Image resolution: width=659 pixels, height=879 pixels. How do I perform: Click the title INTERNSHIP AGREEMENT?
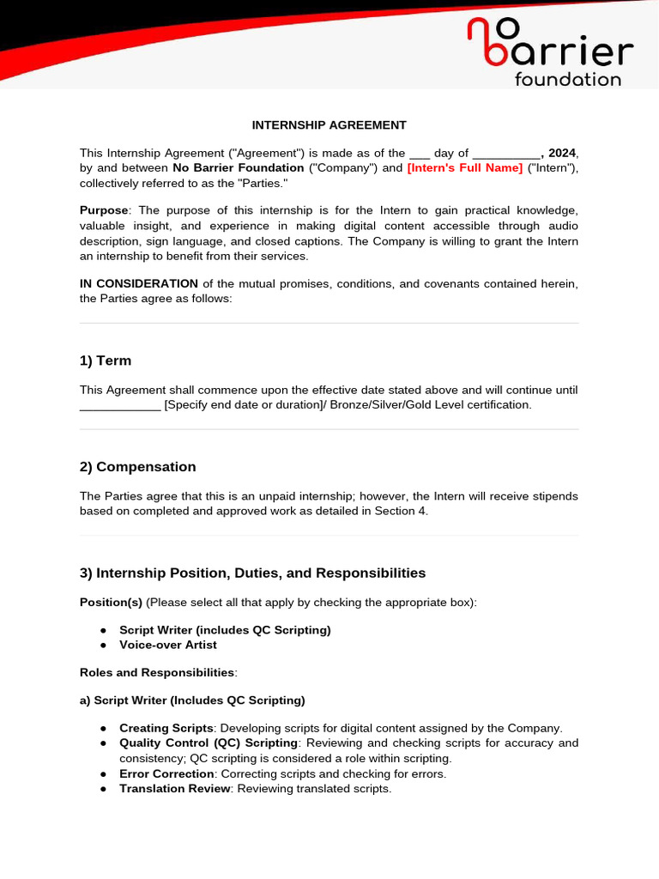[329, 124]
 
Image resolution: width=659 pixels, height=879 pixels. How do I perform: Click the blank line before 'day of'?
[421, 153]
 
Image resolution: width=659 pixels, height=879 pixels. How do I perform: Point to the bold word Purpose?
[104, 210]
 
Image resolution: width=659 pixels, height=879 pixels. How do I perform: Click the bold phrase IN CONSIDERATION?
[139, 283]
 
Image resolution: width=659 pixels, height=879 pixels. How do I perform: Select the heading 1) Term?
[106, 361]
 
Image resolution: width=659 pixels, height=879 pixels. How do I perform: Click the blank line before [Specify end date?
[119, 405]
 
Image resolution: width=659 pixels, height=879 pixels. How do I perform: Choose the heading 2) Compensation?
[137, 467]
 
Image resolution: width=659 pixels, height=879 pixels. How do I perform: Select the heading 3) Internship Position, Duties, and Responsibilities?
[252, 573]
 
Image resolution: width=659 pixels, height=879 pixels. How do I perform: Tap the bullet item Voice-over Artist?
[168, 645]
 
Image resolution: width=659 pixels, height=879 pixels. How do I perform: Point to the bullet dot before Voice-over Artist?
[103, 645]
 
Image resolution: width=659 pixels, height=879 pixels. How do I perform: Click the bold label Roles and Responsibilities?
[156, 672]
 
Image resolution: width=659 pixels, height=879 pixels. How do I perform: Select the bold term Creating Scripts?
[166, 728]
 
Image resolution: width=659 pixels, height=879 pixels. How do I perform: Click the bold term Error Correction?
[166, 773]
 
